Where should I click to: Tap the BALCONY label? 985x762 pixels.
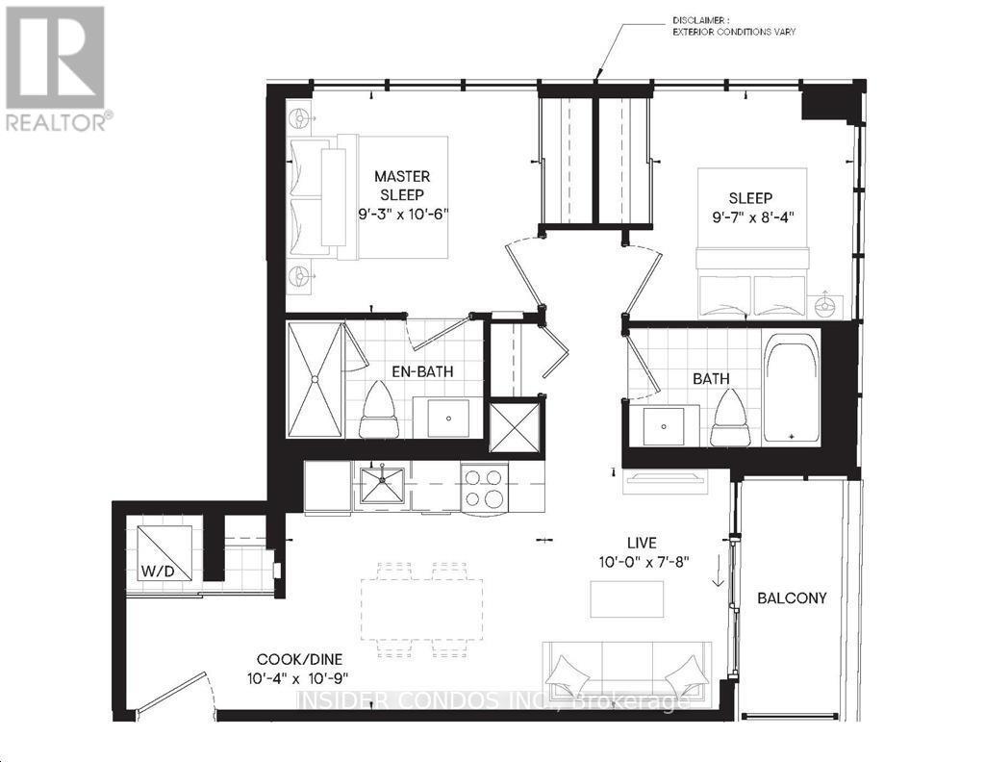(x=792, y=597)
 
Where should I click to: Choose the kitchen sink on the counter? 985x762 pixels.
(x=381, y=485)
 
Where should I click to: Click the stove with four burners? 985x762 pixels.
(x=484, y=486)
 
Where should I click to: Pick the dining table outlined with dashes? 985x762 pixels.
(x=422, y=606)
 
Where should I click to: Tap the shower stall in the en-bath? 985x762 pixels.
(x=316, y=380)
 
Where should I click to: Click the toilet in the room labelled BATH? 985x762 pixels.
(x=731, y=417)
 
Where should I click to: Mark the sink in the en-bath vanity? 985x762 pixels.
(x=447, y=417)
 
